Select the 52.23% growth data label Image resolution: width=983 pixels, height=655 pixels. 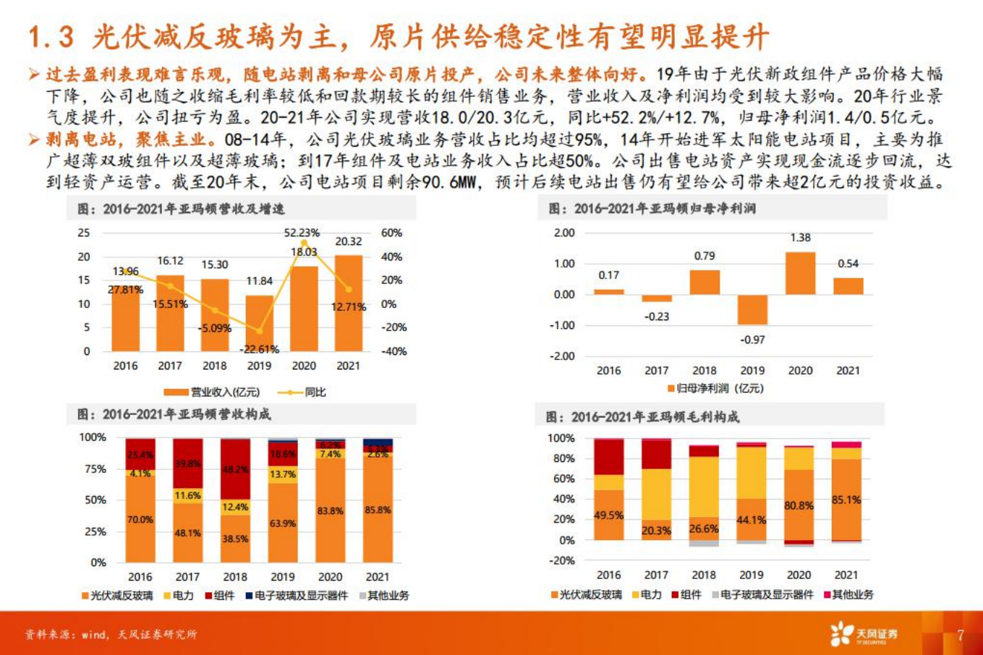coord(302,233)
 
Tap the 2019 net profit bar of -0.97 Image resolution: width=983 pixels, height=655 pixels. coord(752,309)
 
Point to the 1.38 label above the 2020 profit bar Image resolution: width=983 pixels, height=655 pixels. coord(800,238)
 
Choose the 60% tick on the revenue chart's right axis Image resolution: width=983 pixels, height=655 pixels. coord(391,233)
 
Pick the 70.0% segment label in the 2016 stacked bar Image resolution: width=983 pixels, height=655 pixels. coord(140,520)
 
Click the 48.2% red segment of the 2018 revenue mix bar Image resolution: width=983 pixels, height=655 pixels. coord(235,469)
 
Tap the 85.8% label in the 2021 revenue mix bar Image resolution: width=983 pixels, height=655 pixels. coord(378,510)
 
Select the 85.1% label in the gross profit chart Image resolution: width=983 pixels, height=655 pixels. coord(846,500)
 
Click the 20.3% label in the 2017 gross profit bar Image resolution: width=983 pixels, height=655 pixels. coord(656,531)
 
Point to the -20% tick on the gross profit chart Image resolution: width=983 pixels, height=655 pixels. coord(561,560)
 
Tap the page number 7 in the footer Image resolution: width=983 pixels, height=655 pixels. coord(961,635)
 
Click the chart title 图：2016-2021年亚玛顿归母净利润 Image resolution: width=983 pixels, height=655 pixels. coord(652,209)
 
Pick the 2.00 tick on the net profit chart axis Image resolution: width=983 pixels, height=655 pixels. coord(564,233)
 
